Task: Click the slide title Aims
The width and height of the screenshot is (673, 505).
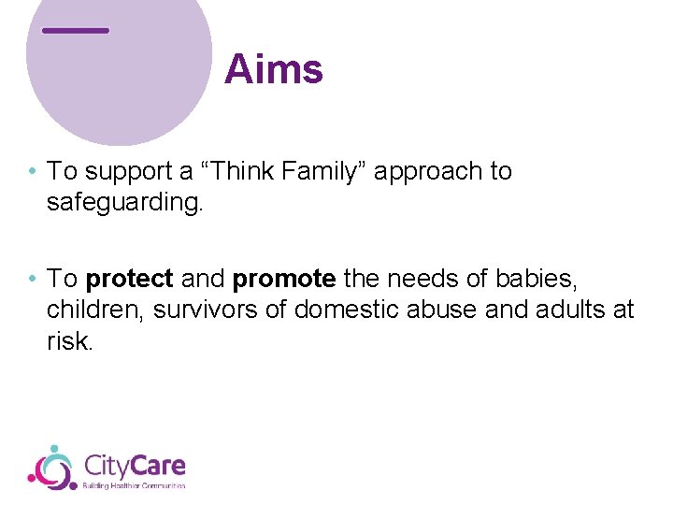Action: click(274, 70)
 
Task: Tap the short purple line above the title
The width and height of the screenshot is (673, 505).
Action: click(76, 31)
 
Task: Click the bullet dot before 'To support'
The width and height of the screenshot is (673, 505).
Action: click(33, 172)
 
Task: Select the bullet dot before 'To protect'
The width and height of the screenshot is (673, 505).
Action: click(33, 280)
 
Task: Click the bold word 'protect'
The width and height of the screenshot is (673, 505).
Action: click(129, 280)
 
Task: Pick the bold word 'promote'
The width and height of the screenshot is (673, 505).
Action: click(284, 280)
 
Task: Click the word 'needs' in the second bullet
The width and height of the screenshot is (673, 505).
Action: click(422, 279)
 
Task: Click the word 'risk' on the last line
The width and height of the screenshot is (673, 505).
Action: click(68, 341)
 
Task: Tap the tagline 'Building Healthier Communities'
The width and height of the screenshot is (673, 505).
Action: click(135, 485)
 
